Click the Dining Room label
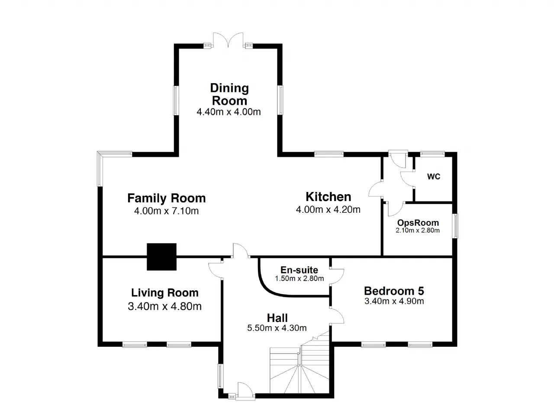[x=229, y=94]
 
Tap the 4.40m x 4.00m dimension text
[x=229, y=112]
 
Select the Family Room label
[x=167, y=198]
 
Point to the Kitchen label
[x=328, y=197]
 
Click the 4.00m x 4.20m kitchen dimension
[x=328, y=210]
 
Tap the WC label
[x=434, y=176]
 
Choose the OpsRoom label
[x=418, y=223]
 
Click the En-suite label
[x=299, y=270]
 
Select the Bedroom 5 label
[x=394, y=291]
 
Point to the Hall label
[x=277, y=318]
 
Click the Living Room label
[x=165, y=292]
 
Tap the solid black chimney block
[x=161, y=257]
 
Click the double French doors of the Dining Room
[x=228, y=39]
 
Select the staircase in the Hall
[x=300, y=364]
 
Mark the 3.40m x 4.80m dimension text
[x=165, y=306]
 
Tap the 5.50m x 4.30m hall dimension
[x=277, y=328]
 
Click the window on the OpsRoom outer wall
[x=455, y=226]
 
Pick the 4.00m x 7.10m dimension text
[x=167, y=211]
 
